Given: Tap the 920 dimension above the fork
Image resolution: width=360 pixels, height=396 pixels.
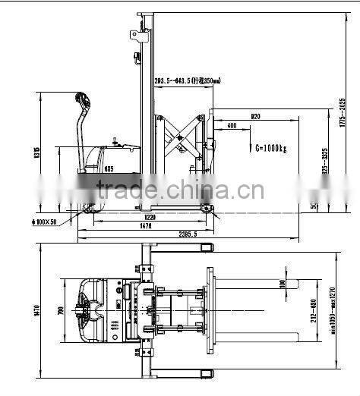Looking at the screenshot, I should [255, 117].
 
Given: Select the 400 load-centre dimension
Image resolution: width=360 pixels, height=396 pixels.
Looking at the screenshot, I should [230, 126].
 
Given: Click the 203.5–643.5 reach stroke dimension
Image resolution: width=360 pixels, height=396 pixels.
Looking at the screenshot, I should [188, 80].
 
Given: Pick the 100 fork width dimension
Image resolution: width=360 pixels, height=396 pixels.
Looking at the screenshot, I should [282, 284].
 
